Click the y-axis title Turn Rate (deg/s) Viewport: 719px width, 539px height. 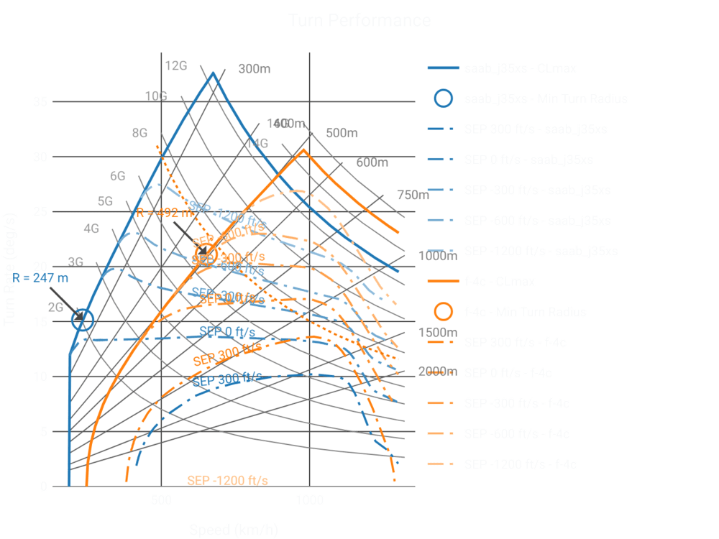point(12,270)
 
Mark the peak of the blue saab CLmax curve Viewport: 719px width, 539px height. point(213,72)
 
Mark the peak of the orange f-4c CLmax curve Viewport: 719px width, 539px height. point(304,149)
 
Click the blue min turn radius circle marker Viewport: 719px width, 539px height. point(83,321)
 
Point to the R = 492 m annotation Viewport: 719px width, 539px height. point(165,213)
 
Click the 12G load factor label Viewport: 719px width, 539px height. point(176,66)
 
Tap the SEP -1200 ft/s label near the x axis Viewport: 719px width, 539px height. point(227,480)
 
